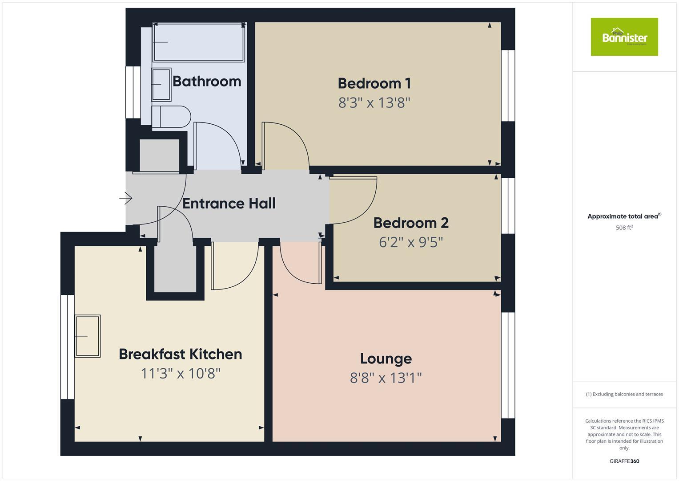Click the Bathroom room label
pos(207,81)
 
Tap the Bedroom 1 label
pos(374,83)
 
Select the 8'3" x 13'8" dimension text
pos(374,103)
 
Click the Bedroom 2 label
pos(411,223)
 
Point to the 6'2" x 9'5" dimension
pos(411,242)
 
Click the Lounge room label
pos(386,359)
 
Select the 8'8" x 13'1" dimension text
pos(386,378)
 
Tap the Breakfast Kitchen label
pos(181,354)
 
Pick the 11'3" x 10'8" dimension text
pos(181,373)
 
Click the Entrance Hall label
pos(229,204)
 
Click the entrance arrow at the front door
pos(126,198)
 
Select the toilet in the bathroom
pos(171,117)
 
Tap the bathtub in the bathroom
pos(199,42)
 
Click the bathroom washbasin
pos(161,84)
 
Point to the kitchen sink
pos(88,336)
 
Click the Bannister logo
pos(624,37)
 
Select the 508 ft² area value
pos(624,228)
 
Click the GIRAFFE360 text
pos(624,461)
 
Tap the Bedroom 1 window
pos(508,86)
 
